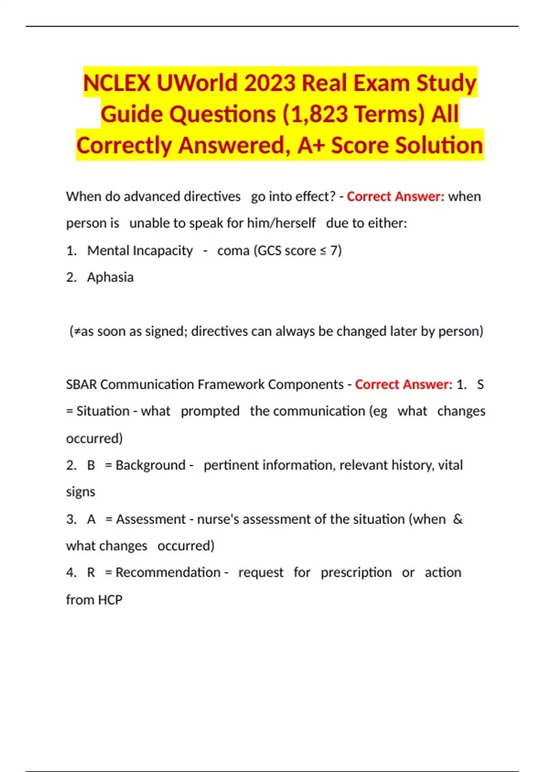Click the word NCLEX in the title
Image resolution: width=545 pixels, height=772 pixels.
coord(117,83)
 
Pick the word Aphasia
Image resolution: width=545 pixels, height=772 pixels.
coord(110,277)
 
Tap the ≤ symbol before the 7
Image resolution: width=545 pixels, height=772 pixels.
coord(322,251)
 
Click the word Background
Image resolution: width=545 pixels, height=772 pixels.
coord(150,465)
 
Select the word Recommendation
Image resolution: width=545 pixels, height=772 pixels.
coord(168,572)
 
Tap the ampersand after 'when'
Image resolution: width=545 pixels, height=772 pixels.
coord(458,519)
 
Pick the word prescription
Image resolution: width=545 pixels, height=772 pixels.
coord(356,572)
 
